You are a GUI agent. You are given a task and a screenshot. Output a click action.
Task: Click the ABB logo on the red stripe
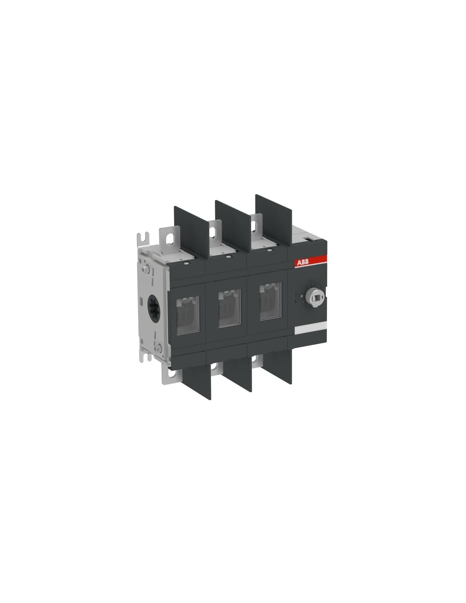point(301,262)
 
